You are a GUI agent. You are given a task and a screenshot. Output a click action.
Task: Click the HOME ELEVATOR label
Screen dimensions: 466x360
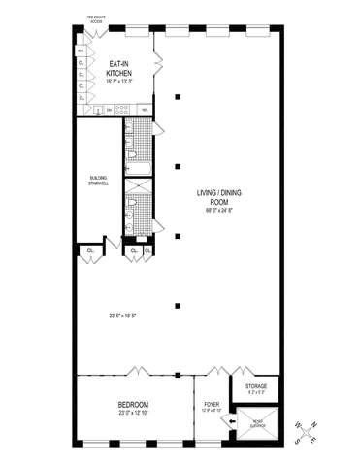[x=257, y=421]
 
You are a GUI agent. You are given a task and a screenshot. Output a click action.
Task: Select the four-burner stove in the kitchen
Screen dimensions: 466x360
[x=98, y=111]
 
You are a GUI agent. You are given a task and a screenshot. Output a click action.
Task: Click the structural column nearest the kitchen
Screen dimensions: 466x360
[x=178, y=97]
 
